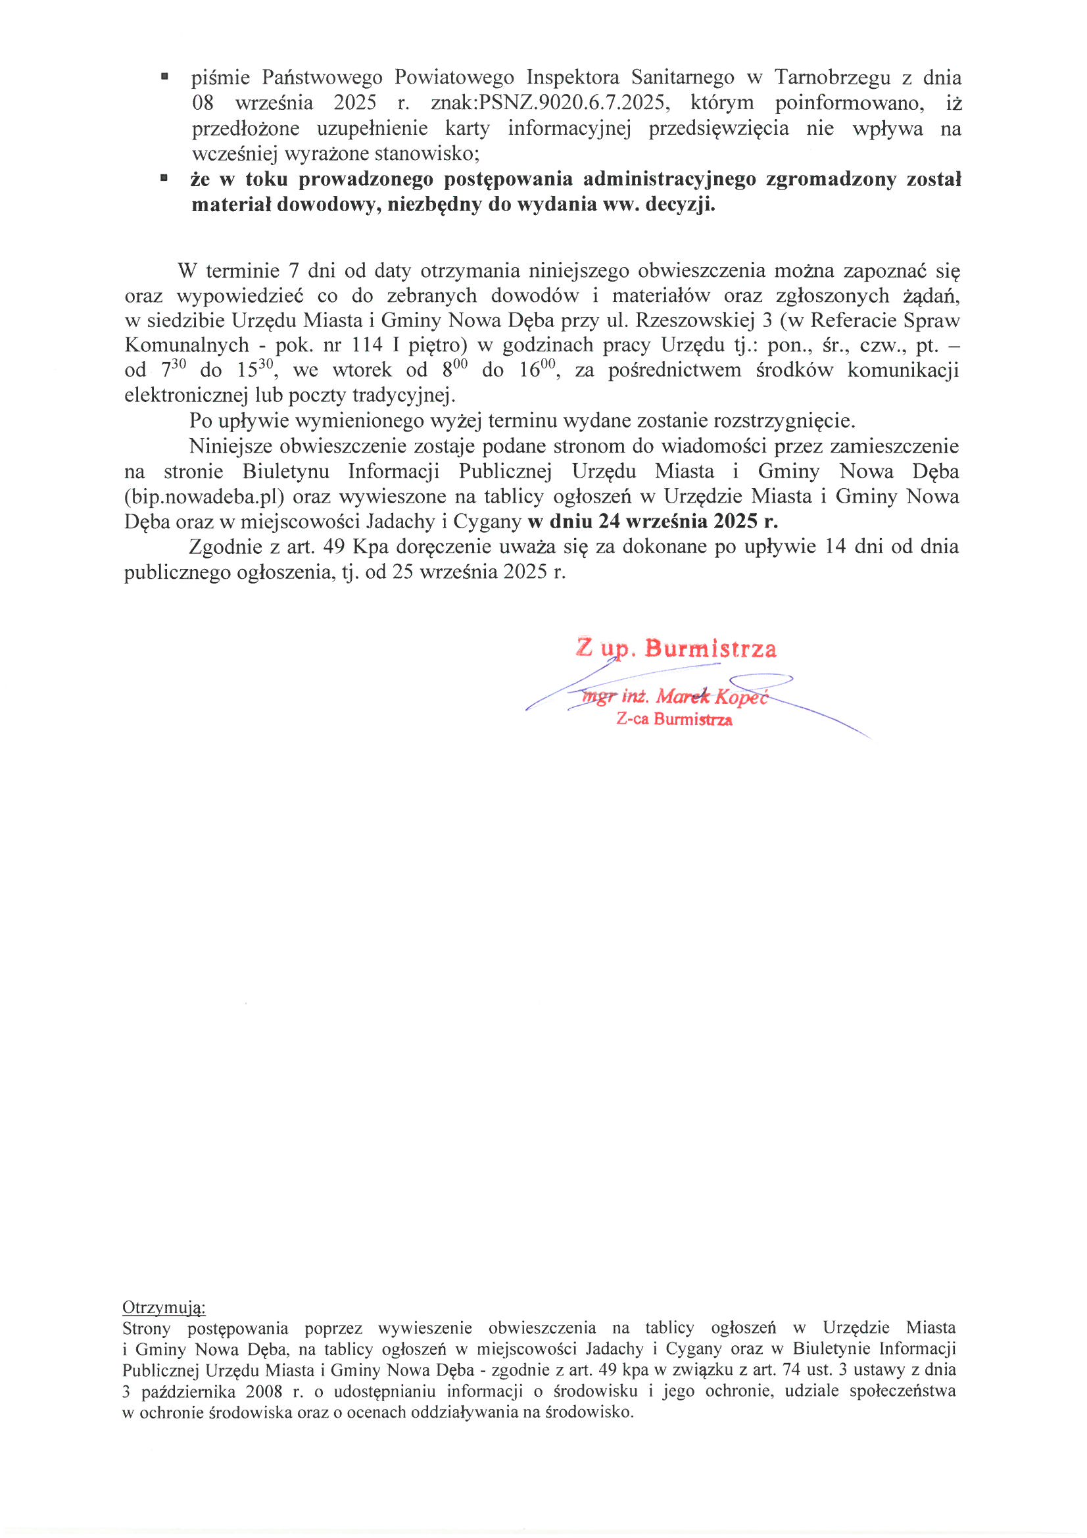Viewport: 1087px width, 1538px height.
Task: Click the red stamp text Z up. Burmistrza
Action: tap(676, 648)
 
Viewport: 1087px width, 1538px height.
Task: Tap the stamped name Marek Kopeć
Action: tap(711, 697)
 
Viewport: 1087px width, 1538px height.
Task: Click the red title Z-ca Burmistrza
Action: tap(674, 720)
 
